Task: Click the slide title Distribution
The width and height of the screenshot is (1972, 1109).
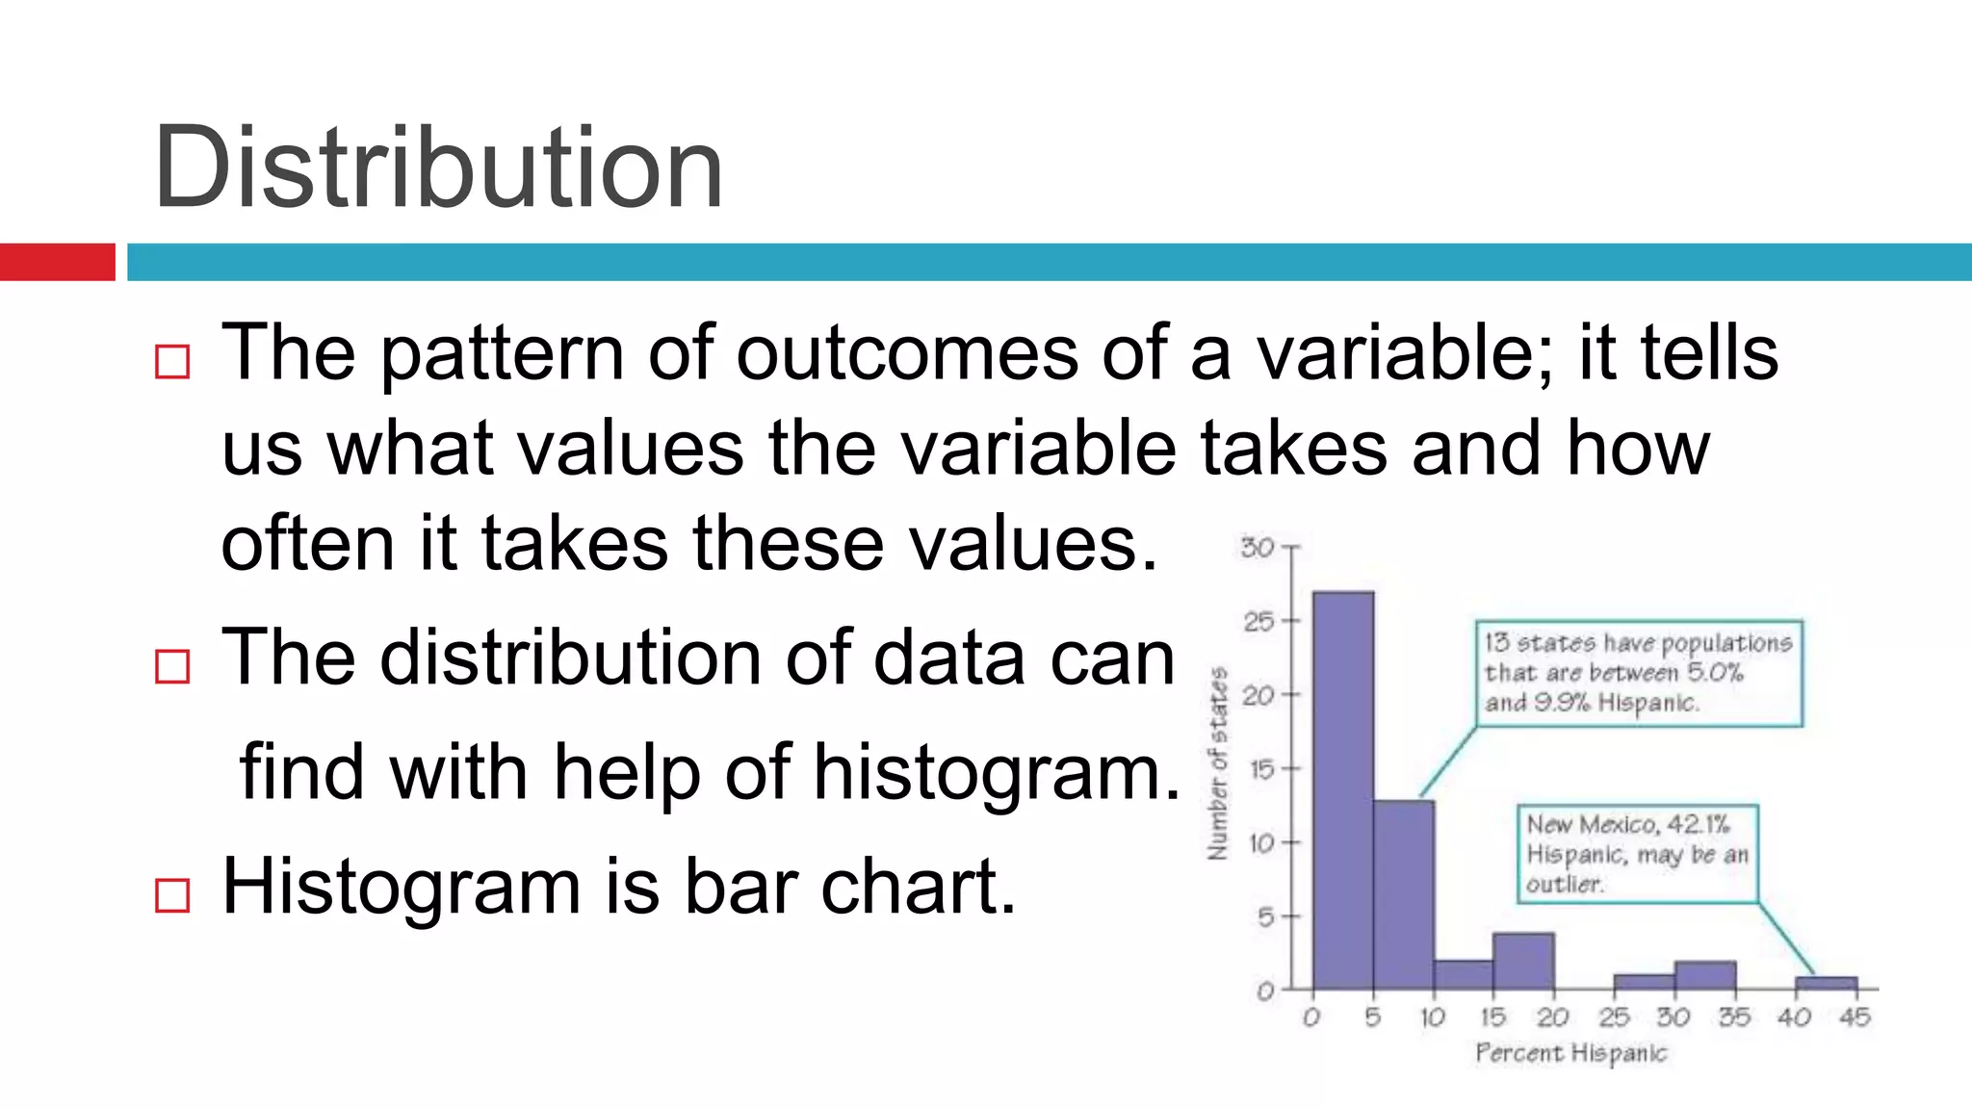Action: point(438,168)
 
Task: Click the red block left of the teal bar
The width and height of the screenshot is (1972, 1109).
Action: point(57,262)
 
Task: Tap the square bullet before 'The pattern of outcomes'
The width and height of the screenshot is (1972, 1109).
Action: point(172,362)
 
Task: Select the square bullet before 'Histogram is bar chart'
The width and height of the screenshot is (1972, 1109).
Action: point(172,895)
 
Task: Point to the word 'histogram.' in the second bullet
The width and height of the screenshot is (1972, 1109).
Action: point(997,773)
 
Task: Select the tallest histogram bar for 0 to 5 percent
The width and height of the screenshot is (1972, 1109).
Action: point(1343,789)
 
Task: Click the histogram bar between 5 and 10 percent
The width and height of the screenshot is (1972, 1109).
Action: point(1404,895)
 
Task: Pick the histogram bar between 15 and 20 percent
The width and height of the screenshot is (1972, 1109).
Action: point(1523,961)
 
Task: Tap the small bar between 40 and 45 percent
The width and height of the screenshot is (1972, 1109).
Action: point(1826,983)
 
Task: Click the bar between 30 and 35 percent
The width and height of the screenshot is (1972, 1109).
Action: point(1705,974)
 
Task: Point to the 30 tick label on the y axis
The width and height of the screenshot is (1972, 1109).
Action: point(1257,548)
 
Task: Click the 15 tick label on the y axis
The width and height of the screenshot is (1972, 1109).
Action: point(1260,769)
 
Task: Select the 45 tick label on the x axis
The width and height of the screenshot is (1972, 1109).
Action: point(1855,1018)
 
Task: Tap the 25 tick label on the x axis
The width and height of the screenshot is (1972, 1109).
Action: point(1614,1018)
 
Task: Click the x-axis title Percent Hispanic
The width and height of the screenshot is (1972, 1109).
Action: point(1570,1053)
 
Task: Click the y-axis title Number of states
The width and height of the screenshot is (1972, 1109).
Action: point(1218,763)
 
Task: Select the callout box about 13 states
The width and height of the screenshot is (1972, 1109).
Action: point(1638,673)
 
